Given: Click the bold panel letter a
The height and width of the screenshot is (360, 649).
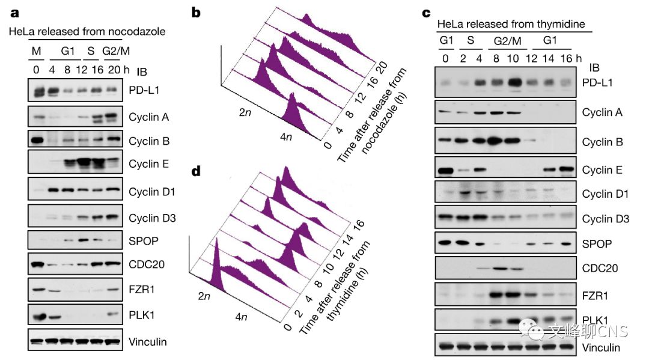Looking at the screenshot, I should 12,13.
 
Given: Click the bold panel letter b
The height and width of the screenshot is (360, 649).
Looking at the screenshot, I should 196,11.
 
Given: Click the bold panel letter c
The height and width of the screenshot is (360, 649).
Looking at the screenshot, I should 427,12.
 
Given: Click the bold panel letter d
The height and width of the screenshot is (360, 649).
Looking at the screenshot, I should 196,172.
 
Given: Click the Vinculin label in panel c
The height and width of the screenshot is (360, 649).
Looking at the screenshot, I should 602,347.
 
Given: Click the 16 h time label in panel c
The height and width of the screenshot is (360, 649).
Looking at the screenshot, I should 565,58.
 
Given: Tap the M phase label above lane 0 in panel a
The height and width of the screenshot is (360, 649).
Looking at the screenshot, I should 36,52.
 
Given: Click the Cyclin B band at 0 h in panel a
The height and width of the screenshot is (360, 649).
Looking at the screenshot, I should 36,141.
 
